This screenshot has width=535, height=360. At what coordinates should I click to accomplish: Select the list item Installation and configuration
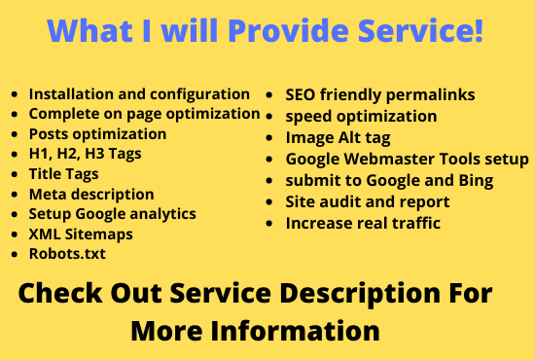139,94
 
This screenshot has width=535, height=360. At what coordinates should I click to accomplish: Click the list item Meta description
91,194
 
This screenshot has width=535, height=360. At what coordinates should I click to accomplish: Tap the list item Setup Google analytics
112,213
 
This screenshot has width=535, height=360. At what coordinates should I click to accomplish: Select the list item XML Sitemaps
80,234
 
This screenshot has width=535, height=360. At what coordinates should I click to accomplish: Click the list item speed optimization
361,116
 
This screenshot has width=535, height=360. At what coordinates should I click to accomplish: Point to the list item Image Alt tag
337,137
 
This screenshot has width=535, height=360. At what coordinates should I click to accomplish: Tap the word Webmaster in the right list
398,159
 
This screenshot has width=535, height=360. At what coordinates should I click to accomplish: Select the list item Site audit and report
367,201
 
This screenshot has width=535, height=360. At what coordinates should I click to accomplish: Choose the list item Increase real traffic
363,223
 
